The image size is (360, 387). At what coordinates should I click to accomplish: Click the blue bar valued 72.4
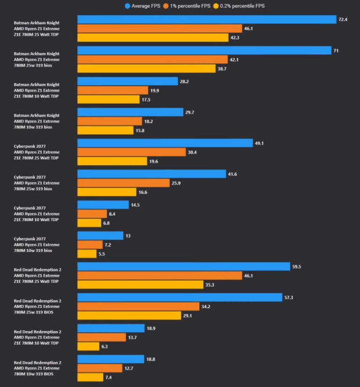tap(207, 19)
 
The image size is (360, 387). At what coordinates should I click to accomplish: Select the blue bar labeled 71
tap(204, 50)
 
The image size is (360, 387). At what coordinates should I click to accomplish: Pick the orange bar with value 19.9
tap(112, 90)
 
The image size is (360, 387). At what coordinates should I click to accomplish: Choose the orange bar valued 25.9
tap(123, 182)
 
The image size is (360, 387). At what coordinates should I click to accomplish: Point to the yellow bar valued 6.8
tap(89, 223)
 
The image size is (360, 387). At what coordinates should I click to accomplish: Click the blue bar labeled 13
tap(100, 235)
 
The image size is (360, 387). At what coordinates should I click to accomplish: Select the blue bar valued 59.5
tap(184, 266)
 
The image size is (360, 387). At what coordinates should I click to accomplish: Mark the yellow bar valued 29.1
tap(129, 316)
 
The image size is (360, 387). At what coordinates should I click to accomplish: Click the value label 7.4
tap(110, 377)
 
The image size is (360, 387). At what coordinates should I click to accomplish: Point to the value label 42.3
tap(236, 38)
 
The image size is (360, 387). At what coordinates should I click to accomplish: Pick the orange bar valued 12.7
tap(99, 368)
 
